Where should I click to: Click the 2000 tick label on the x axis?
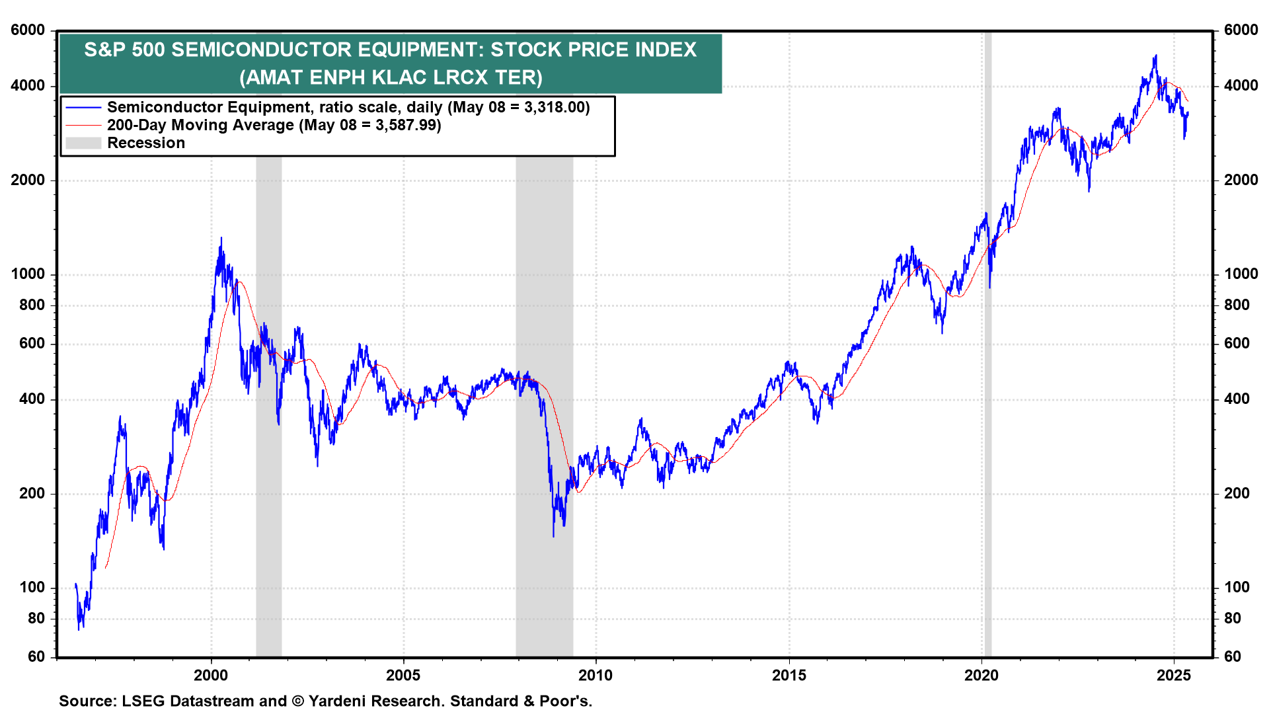[210, 676]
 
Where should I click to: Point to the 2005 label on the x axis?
[403, 676]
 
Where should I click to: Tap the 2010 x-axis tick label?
[596, 676]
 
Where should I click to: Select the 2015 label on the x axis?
[788, 676]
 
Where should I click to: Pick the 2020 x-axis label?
[981, 676]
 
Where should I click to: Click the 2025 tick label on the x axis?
[1174, 676]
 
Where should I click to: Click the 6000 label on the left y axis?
[28, 30]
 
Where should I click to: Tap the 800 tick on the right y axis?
[1237, 305]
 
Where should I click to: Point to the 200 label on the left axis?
[32, 494]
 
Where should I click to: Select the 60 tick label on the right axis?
[1232, 657]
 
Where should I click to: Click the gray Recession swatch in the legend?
[83, 143]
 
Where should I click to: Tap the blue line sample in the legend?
[83, 108]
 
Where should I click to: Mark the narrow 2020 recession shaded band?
[987, 344]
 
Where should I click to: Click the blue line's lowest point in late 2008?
[553, 536]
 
